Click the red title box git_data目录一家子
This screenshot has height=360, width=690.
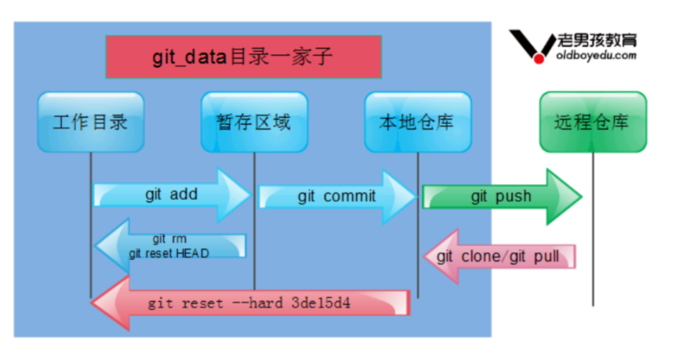243,57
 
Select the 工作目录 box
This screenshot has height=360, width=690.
90,122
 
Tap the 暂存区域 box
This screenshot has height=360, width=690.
253,122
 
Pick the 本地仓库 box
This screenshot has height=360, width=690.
416,122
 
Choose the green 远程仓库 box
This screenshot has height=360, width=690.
592,122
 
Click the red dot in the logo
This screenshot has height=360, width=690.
539,56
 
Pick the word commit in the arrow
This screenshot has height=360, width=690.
349,196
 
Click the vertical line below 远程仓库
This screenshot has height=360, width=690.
593,235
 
